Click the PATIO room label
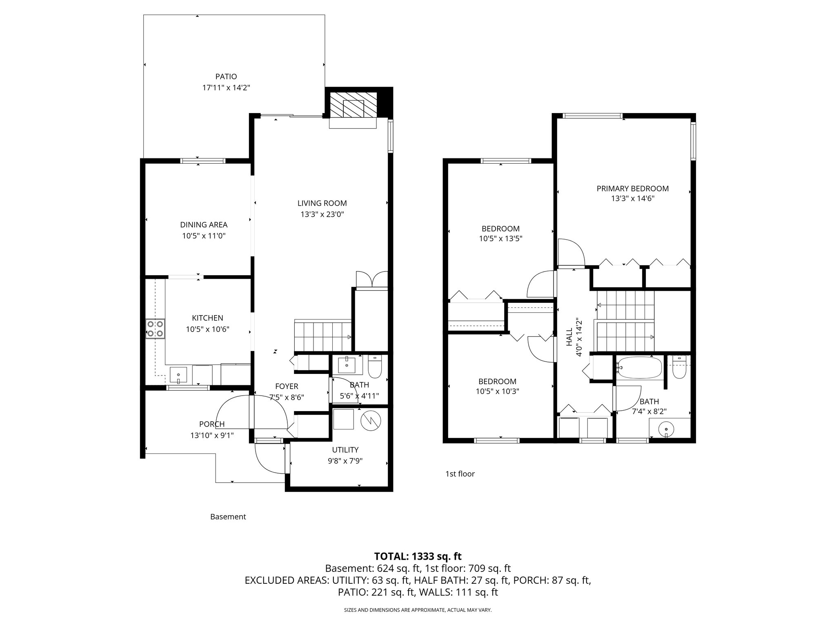pos(226,76)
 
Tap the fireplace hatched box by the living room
pos(353,104)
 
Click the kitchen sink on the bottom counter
pos(178,374)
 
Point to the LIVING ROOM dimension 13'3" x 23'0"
pos(322,214)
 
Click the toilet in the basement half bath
pos(374,367)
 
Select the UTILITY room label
pos(345,449)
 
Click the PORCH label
pos(212,424)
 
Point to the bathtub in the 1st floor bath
pos(639,368)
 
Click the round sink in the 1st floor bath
pos(667,429)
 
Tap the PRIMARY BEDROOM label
pos(632,189)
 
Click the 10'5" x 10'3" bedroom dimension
pos(497,391)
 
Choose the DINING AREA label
pos(204,225)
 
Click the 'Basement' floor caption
pos(228,517)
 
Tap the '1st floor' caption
pos(460,474)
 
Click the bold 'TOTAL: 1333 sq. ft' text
pos(418,556)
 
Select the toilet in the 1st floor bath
pos(678,368)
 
